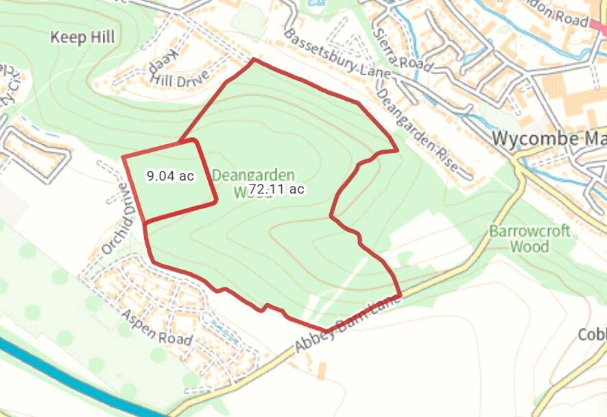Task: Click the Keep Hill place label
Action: (x=82, y=37)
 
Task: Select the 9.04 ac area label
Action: (x=170, y=176)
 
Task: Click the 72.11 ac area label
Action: (x=276, y=189)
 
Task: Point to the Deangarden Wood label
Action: (x=253, y=182)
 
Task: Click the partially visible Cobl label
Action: (x=592, y=335)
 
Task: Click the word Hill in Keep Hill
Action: (x=102, y=37)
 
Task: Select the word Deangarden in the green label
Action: (x=253, y=175)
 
